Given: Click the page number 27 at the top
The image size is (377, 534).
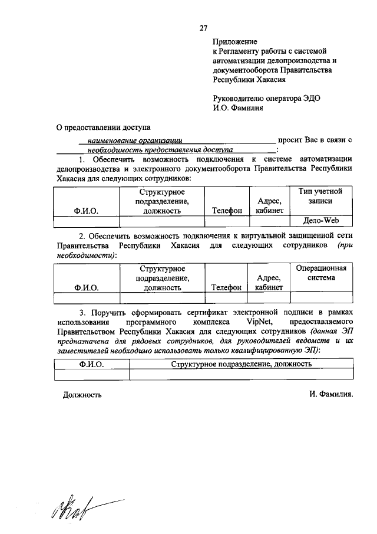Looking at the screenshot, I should click(204, 28).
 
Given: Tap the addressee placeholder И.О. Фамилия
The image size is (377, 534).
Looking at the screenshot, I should click(238, 108).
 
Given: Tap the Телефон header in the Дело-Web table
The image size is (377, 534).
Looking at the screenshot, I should click(227, 210).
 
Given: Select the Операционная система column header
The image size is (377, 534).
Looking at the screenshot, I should click(320, 273).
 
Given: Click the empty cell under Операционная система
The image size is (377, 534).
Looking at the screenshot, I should click(320, 297).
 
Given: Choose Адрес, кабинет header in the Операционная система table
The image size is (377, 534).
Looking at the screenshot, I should click(269, 282).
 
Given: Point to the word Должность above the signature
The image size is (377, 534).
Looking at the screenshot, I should click(82, 395).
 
